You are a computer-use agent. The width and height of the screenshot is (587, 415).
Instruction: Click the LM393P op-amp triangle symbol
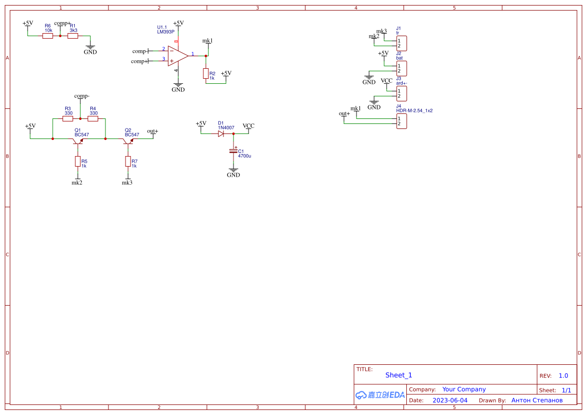pyautogui.click(x=177, y=56)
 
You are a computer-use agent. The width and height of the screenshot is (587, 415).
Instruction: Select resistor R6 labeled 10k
pyautogui.click(x=48, y=36)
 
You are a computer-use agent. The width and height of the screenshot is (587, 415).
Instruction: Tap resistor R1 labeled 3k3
pyautogui.click(x=73, y=36)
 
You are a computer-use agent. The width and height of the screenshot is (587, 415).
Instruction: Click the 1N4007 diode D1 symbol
pyautogui.click(x=221, y=133)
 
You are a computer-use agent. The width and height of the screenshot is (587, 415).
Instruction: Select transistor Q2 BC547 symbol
pyautogui.click(x=128, y=141)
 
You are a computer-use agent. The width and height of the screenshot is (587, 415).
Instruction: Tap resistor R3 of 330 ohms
pyautogui.click(x=68, y=119)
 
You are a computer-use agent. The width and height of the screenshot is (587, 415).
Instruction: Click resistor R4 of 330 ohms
pyautogui.click(x=93, y=119)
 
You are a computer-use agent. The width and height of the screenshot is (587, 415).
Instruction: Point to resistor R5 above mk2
pyautogui.click(x=78, y=161)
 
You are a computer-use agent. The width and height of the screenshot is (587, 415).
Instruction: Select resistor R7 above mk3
pyautogui.click(x=128, y=161)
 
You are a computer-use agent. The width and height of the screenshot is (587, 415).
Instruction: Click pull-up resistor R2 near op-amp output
pyautogui.click(x=206, y=74)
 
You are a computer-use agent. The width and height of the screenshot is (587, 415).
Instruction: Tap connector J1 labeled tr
pyautogui.click(x=401, y=43)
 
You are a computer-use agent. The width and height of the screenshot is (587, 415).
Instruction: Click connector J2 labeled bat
pyautogui.click(x=401, y=68)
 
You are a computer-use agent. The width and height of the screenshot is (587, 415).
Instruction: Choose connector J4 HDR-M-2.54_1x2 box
pyautogui.click(x=401, y=121)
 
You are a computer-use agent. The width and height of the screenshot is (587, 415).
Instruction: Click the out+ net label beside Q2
pyautogui.click(x=152, y=131)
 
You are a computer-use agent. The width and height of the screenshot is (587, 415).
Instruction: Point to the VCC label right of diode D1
pyautogui.click(x=249, y=126)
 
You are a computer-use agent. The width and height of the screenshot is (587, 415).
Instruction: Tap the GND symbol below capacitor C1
pyautogui.click(x=233, y=174)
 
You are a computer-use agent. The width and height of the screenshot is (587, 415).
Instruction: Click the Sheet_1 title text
pyautogui.click(x=399, y=375)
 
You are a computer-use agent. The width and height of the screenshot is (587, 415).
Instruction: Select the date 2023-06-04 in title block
pyautogui.click(x=450, y=400)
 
